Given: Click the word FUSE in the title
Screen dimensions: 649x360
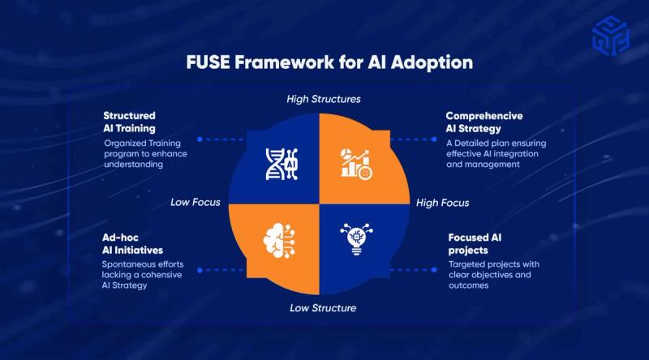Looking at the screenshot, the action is pyautogui.click(x=208, y=62).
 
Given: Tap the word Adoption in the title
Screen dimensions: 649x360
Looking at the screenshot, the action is pyautogui.click(x=432, y=63).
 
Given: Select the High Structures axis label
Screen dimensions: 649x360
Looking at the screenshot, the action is pyautogui.click(x=324, y=99).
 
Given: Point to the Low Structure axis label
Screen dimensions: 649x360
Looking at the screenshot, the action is pyautogui.click(x=323, y=308).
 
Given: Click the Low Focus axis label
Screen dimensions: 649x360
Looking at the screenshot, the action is pyautogui.click(x=196, y=202).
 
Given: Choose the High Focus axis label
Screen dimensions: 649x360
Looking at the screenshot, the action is pyautogui.click(x=442, y=203).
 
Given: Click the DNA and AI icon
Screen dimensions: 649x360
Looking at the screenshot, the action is pyautogui.click(x=282, y=164).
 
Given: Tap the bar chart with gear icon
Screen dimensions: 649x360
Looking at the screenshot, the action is pyautogui.click(x=356, y=165).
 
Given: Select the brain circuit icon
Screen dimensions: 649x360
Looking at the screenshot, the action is pyautogui.click(x=279, y=241).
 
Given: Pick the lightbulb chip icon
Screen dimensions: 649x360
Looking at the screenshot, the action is pyautogui.click(x=356, y=239).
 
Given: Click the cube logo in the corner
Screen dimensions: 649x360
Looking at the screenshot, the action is pyautogui.click(x=611, y=36).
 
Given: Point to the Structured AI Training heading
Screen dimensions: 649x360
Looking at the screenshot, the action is pyautogui.click(x=130, y=122).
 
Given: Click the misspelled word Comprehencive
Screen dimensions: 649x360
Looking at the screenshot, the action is pyautogui.click(x=484, y=116).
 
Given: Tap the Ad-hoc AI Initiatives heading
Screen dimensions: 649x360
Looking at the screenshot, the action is pyautogui.click(x=132, y=244).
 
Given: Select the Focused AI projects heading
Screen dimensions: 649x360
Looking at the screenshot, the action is pyautogui.click(x=475, y=244).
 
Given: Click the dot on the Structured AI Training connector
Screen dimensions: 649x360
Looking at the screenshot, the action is pyautogui.click(x=200, y=139).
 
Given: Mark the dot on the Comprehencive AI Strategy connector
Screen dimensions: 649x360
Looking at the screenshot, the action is pyautogui.click(x=434, y=139).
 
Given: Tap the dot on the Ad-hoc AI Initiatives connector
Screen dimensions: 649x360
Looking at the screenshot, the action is pyautogui.click(x=200, y=270).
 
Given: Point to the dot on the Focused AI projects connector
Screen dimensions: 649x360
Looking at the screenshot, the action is pyautogui.click(x=434, y=270).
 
